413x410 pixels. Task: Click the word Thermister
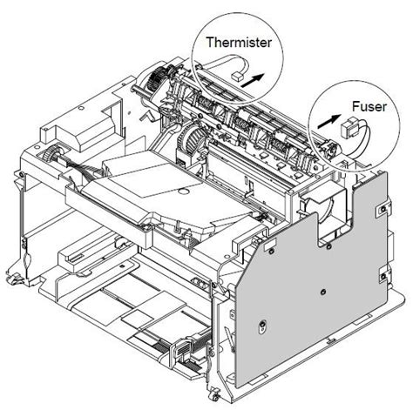(x=239, y=43)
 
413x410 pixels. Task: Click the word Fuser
(x=369, y=106)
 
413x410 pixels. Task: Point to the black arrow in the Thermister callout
(x=253, y=80)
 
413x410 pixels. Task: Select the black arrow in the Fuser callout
(x=329, y=121)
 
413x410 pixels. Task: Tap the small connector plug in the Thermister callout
(x=237, y=77)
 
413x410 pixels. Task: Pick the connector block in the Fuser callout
(x=349, y=128)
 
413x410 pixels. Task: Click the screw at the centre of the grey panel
(x=322, y=292)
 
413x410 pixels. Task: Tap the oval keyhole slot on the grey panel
(x=262, y=326)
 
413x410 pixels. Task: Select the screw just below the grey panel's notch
(x=328, y=247)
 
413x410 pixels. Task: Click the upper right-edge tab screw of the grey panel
(x=383, y=208)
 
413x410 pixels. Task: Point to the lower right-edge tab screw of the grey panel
(x=383, y=276)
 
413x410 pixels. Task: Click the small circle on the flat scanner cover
(x=183, y=191)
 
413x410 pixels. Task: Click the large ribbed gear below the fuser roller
(x=194, y=140)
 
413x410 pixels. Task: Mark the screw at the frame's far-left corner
(x=21, y=174)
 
